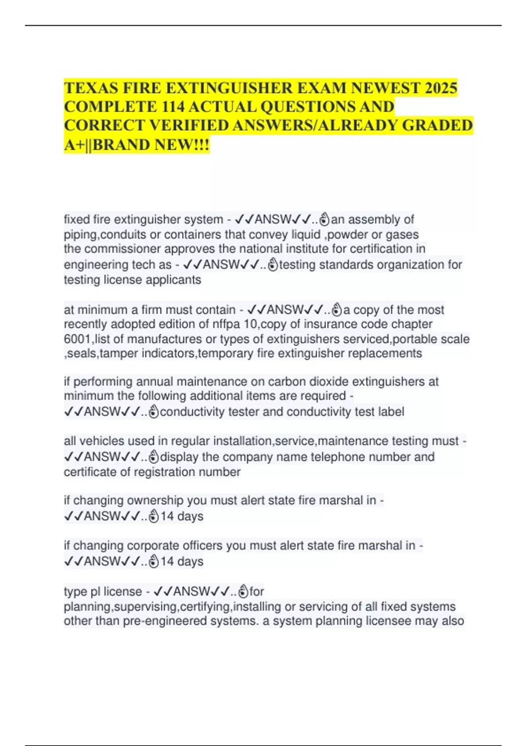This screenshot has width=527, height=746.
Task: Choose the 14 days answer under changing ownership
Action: pos(181,516)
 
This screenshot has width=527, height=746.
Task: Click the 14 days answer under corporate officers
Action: pos(181,561)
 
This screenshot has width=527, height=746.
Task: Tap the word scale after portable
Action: pos(454,339)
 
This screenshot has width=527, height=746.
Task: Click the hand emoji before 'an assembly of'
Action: pos(324,219)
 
